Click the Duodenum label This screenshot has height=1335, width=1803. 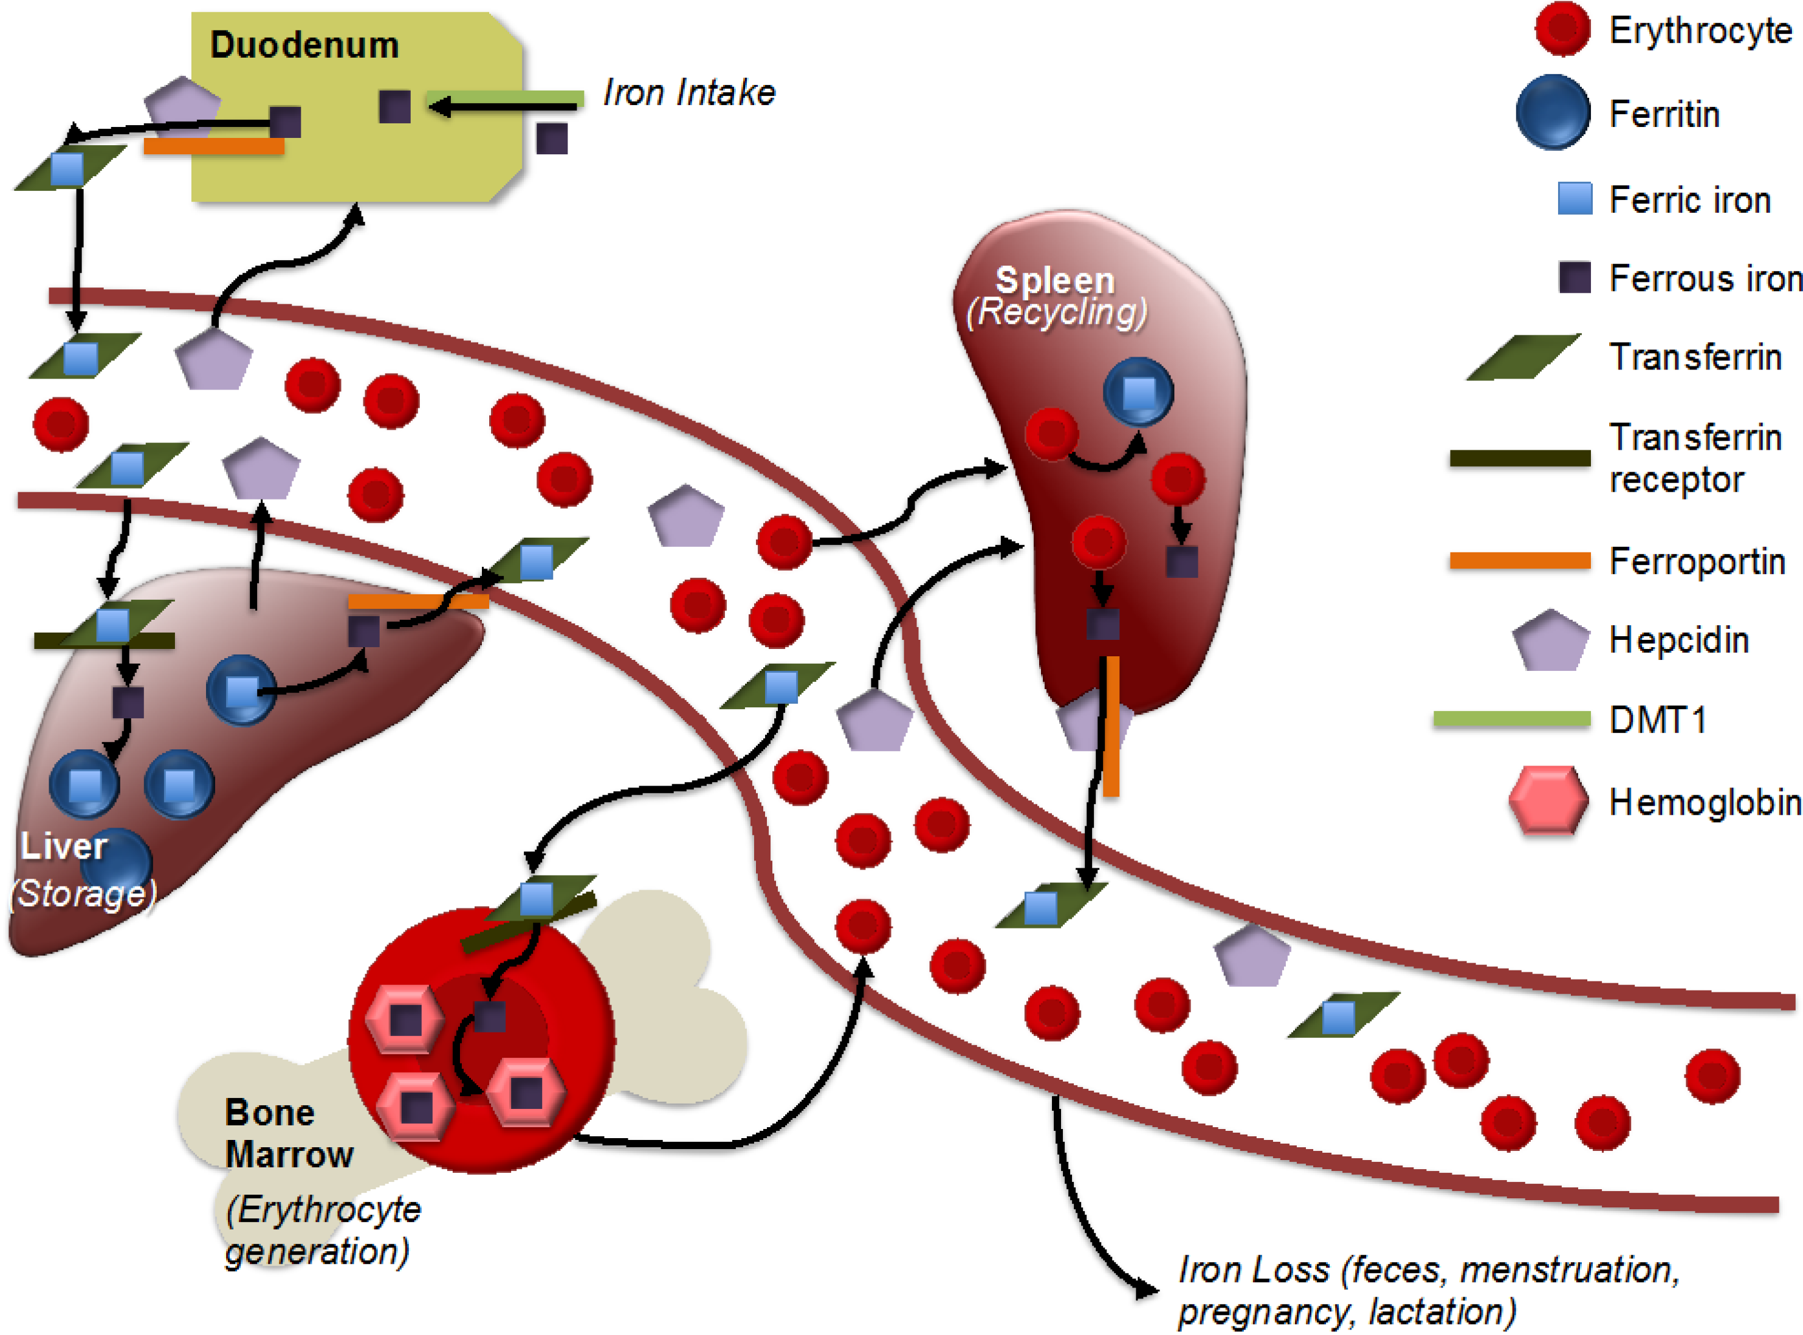304,45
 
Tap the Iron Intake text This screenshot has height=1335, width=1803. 689,92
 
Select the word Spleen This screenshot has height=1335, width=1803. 1055,280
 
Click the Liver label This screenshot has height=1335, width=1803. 63,846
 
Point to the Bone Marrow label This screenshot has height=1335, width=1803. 289,1133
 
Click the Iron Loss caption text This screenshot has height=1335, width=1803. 1428,1290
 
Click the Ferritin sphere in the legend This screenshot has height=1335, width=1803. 1553,112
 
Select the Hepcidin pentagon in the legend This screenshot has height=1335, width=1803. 1550,640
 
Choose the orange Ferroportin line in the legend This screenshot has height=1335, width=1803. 1519,561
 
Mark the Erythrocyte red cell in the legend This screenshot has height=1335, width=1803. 1562,29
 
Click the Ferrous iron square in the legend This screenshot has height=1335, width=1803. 1575,277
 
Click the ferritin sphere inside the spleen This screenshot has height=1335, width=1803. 1138,392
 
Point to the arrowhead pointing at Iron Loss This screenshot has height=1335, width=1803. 1146,1288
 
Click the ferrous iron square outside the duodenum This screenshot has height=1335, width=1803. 552,138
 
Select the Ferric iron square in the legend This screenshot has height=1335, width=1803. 1575,199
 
